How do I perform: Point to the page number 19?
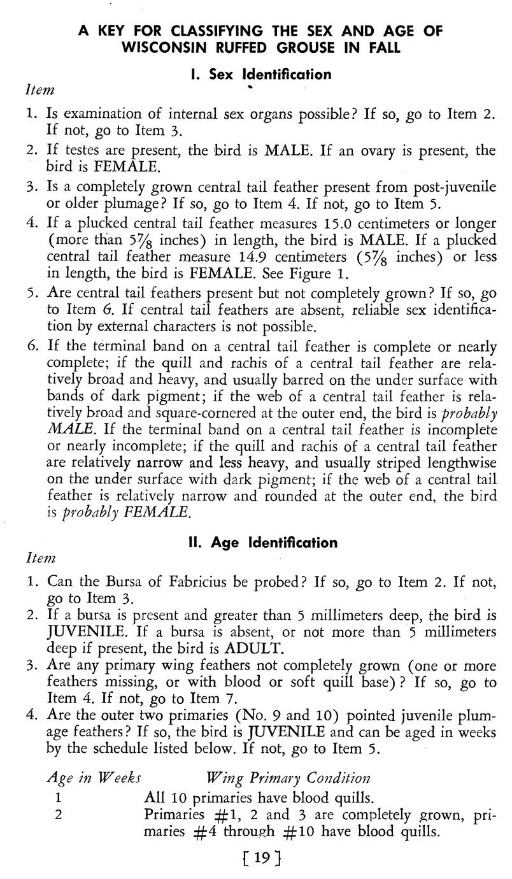(261, 859)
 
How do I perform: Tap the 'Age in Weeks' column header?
(94, 778)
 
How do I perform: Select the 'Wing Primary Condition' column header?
(288, 778)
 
